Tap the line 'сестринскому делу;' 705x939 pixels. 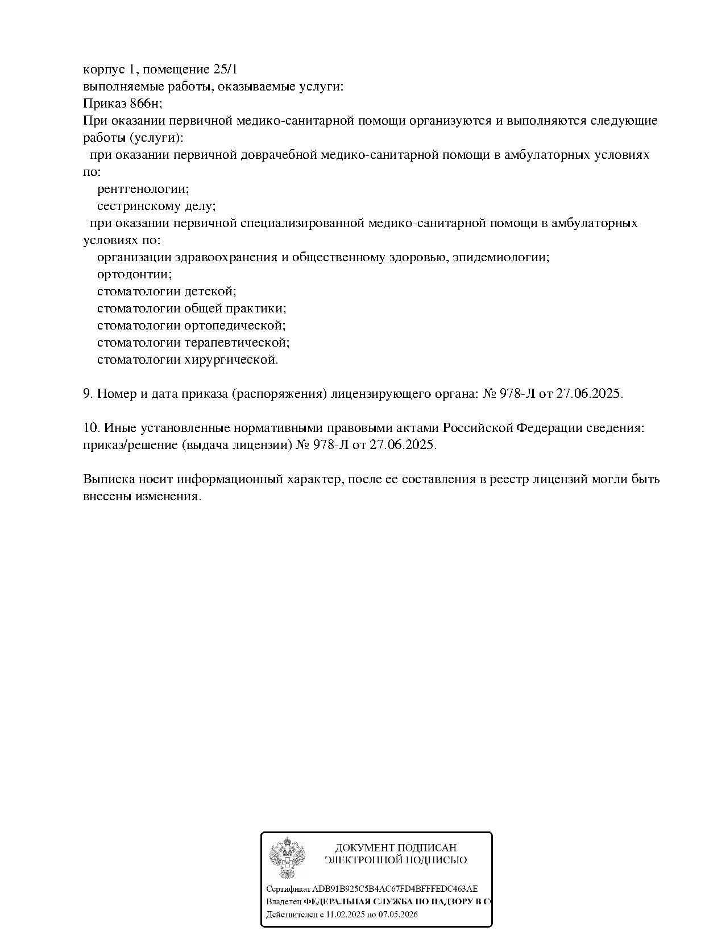pos(156,206)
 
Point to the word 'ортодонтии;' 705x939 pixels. pos(135,274)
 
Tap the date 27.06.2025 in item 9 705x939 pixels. pos(590,394)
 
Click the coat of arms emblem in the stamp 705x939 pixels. pos(287,858)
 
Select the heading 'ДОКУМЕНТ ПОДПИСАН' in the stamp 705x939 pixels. pos(396,848)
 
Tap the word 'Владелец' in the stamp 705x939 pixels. pos(284,902)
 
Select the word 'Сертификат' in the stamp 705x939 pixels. pos(288,889)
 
